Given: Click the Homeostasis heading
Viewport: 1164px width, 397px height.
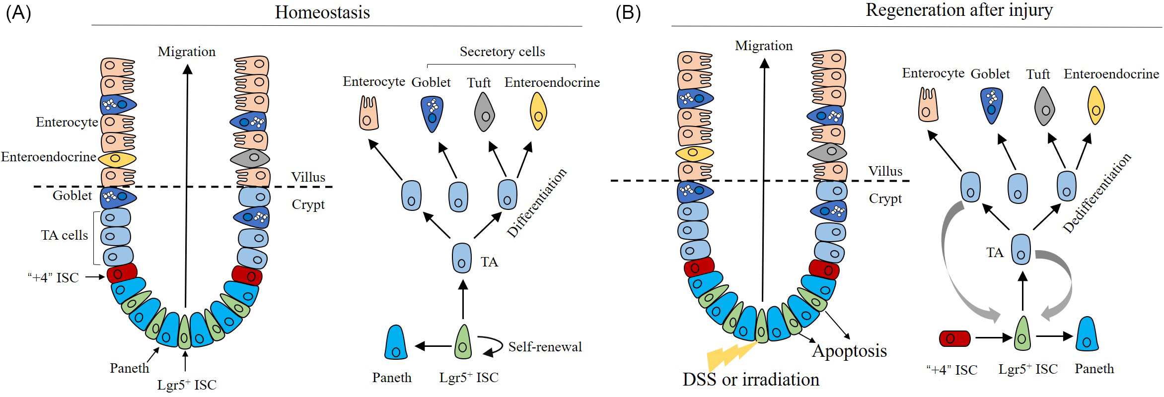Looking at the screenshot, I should click(322, 12).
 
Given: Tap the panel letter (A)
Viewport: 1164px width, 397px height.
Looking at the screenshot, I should click(18, 12).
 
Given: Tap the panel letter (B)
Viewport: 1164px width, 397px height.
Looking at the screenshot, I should click(628, 12).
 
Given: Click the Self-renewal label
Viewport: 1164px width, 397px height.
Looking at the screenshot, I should click(545, 346).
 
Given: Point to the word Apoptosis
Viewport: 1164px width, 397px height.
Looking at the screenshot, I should click(849, 351).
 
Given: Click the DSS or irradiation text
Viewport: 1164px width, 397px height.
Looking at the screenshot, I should click(751, 380).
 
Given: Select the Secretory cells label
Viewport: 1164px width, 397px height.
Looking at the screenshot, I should click(502, 52).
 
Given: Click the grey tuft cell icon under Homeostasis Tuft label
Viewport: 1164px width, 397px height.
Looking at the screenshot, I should click(485, 113).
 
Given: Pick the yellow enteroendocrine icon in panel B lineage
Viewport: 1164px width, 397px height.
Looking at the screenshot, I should click(1096, 105).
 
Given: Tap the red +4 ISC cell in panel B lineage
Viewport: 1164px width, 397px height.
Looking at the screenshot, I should click(954, 338).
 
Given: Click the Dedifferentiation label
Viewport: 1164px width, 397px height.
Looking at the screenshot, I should click(1097, 193).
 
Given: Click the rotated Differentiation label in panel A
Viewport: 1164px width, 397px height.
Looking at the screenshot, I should click(537, 202).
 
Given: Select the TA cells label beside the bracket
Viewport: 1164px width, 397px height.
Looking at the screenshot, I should click(64, 235).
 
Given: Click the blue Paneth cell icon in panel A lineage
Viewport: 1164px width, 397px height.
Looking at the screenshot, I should click(396, 343).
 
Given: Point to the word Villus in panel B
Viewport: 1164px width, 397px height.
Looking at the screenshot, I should click(885, 171).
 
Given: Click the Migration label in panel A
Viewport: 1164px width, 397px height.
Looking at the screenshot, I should click(187, 52).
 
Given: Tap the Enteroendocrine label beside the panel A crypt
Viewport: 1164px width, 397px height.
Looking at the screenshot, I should click(48, 157).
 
